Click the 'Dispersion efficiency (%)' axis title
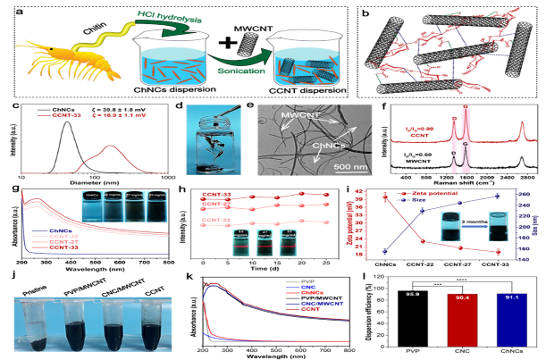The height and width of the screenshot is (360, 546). [x=378, y=308]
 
